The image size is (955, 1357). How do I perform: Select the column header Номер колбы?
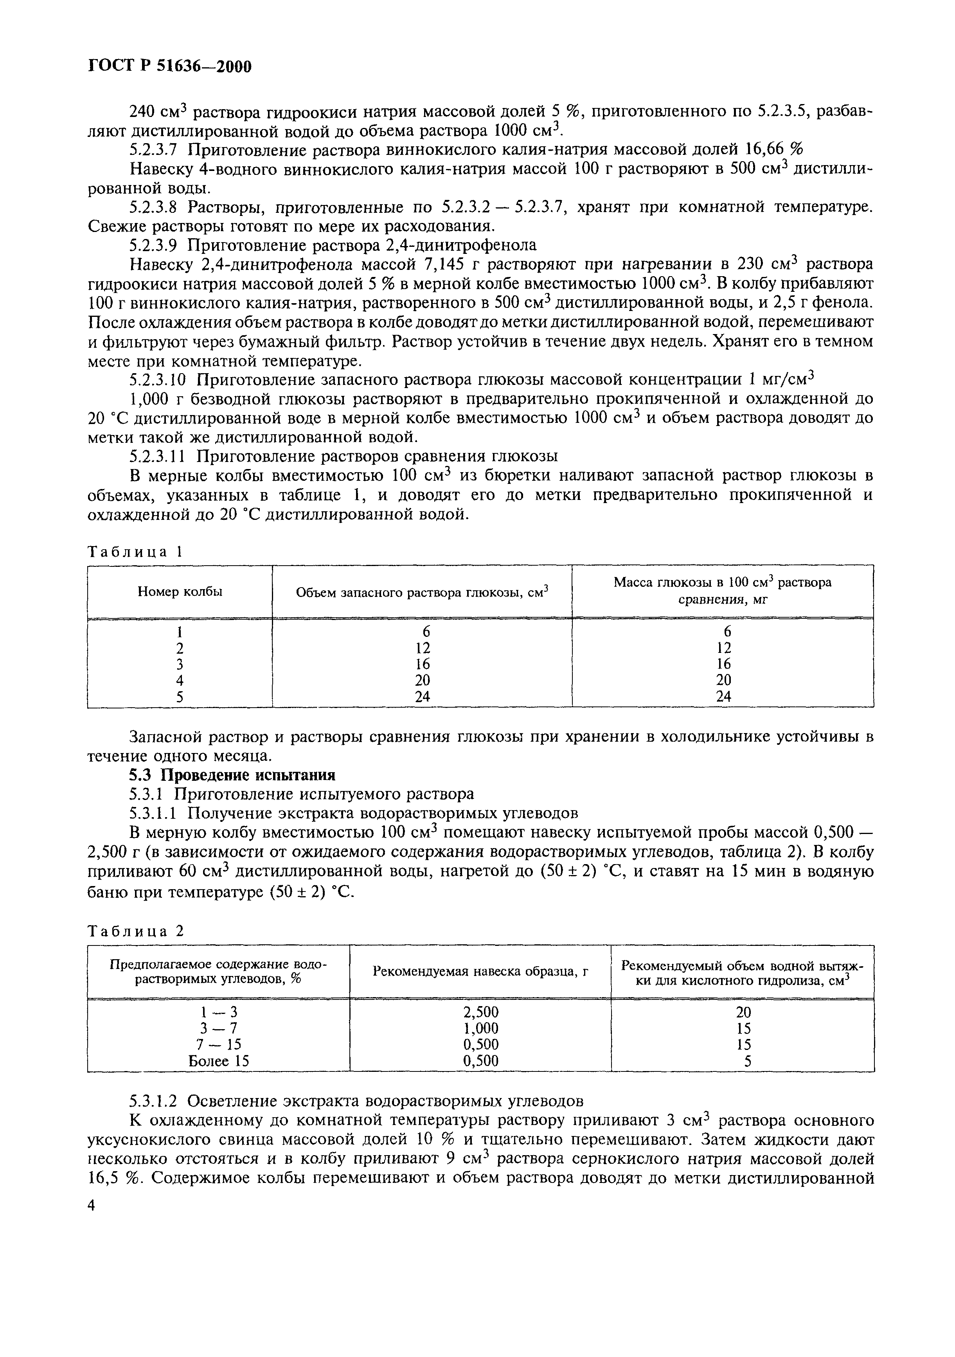click(180, 591)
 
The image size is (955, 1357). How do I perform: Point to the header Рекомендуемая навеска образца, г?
click(480, 971)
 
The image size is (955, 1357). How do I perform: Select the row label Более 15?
click(218, 1062)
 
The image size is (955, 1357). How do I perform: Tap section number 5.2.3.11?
click(158, 456)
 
